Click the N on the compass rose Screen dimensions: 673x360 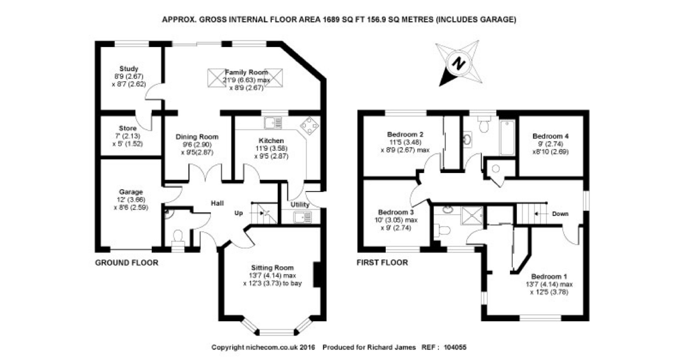tap(459, 63)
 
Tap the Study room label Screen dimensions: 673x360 tap(129, 69)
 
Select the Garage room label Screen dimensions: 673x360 tap(131, 192)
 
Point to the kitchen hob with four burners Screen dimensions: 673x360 tap(309, 126)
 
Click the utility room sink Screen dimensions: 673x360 tap(302, 217)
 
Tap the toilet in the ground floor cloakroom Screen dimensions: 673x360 tap(178, 236)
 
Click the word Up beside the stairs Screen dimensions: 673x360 tap(239, 213)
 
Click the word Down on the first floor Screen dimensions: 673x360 tap(560, 214)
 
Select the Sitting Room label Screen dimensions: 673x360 tap(272, 268)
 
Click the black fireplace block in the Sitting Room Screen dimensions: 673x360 tap(317, 274)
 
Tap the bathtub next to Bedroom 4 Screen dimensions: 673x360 tap(507, 138)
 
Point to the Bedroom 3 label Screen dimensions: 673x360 tap(395, 212)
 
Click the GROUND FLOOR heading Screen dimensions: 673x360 tap(127, 263)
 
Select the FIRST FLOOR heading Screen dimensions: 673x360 tap(382, 263)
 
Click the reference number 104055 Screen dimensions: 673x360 tap(455, 347)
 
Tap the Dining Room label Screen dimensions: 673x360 tap(197, 137)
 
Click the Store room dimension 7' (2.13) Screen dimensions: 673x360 tap(128, 136)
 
